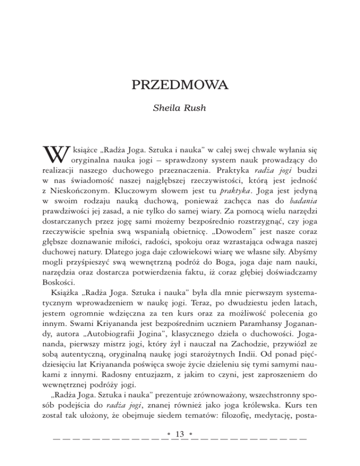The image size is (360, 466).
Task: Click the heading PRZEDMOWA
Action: pyautogui.click(x=180, y=86)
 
